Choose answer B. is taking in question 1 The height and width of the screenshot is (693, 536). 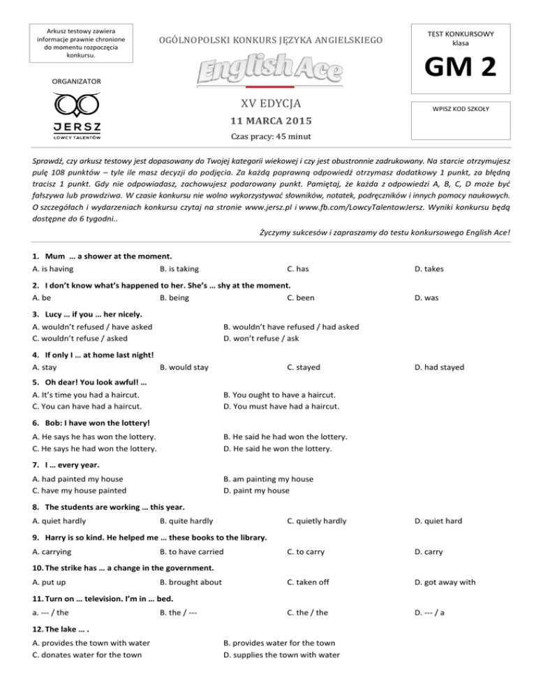[x=179, y=268]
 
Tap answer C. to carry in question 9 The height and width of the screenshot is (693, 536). [x=306, y=551]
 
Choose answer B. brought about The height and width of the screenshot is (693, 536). [x=191, y=581]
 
